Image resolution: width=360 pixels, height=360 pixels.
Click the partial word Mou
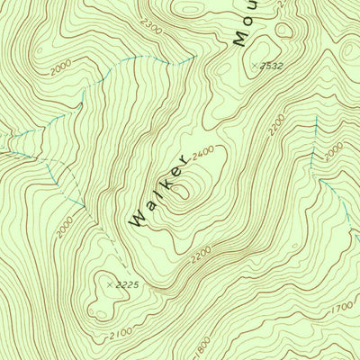[x=246, y=22]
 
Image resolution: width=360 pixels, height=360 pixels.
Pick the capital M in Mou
[x=238, y=39]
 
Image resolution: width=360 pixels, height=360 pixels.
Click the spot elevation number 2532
[x=274, y=66]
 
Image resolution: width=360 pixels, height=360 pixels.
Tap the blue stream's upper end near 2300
[x=193, y=56]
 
